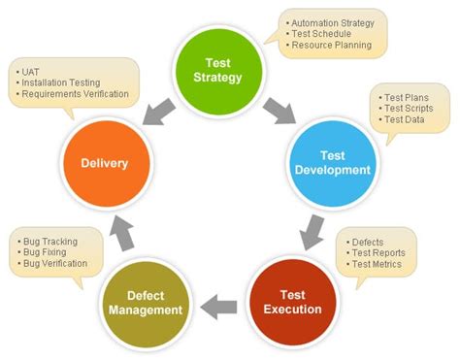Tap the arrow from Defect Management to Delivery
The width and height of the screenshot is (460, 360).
118,230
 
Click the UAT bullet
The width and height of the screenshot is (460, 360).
30,72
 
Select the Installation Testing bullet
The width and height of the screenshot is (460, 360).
58,84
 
